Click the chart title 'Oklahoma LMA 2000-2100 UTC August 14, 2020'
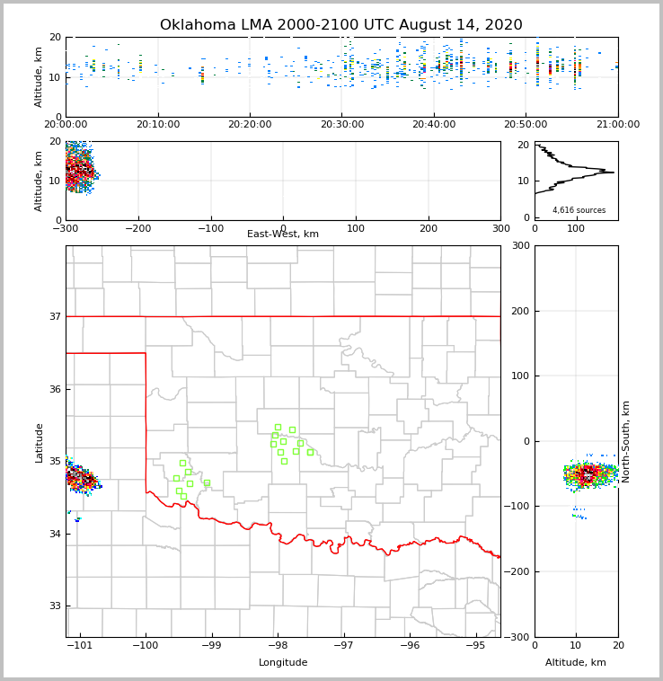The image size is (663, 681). (x=340, y=25)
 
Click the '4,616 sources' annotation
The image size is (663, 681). (x=579, y=210)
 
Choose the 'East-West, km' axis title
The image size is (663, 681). (x=283, y=234)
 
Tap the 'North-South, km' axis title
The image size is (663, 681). (x=626, y=441)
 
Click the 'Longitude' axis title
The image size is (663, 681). (x=283, y=663)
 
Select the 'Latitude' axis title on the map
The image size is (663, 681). (x=39, y=442)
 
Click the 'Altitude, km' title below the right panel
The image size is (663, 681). (x=576, y=663)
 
